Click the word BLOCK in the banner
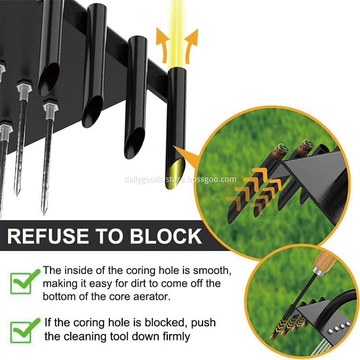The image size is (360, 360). click(166, 236)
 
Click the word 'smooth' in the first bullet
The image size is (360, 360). click(212, 271)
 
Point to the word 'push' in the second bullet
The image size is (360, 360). click(203, 323)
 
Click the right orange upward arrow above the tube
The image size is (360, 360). click(191, 46)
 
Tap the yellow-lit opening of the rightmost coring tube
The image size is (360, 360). click(175, 173)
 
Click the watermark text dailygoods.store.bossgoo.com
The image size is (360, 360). click(180, 180)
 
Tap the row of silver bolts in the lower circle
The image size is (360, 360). click(337, 328)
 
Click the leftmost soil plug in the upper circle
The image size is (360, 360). click(280, 150)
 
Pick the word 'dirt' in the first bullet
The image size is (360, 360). click(139, 284)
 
